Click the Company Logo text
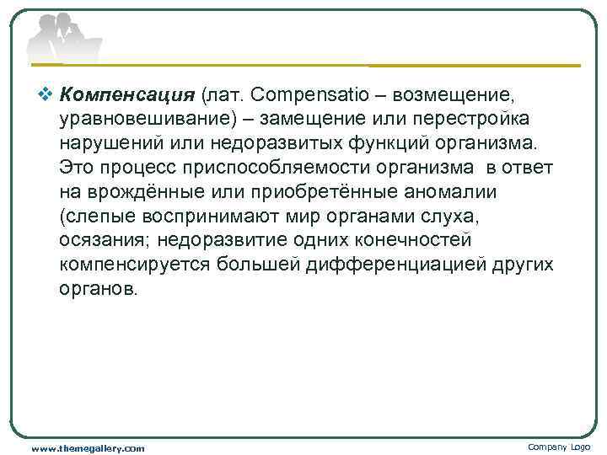[559, 447]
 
